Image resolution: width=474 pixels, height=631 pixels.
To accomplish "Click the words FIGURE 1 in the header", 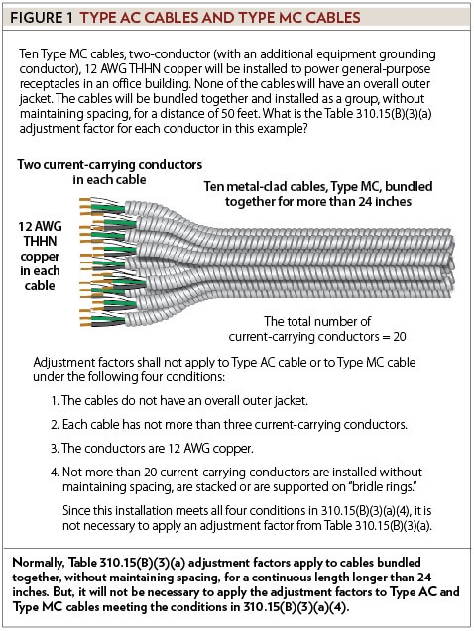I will point(39,17).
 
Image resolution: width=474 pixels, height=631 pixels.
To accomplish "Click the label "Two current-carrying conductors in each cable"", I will point(109,172).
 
